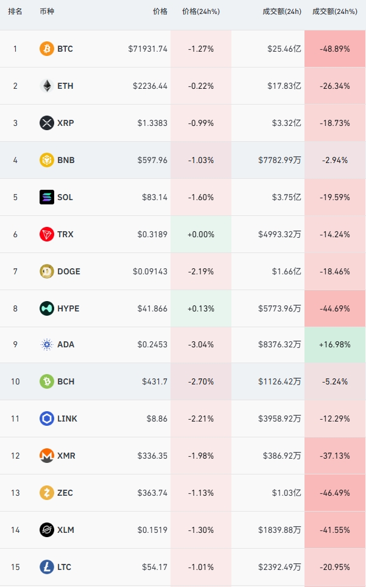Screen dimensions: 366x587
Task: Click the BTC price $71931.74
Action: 147,49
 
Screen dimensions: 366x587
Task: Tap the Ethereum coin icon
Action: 47,86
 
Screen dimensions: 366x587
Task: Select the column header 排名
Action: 15,11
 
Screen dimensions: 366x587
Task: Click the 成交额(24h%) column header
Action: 335,12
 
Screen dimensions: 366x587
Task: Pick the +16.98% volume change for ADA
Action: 335,344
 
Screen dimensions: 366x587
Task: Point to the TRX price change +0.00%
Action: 201,234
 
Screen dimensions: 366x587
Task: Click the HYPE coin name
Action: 68,308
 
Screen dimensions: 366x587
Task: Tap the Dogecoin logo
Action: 47,271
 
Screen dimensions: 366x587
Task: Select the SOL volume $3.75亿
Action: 287,197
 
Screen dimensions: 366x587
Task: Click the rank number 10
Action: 15,381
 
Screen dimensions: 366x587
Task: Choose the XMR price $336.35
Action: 152,456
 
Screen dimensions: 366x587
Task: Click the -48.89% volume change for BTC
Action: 335,49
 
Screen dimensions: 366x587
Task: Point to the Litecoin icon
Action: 47,567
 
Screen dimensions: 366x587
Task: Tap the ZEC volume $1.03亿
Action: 287,493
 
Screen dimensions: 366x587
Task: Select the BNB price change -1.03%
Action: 201,160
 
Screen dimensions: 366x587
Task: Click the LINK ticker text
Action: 67,419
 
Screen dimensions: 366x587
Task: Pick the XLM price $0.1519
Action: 152,530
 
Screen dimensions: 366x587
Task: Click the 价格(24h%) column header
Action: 201,12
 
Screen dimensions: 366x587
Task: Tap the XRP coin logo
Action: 47,123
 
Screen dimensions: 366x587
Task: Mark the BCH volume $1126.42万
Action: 280,381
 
